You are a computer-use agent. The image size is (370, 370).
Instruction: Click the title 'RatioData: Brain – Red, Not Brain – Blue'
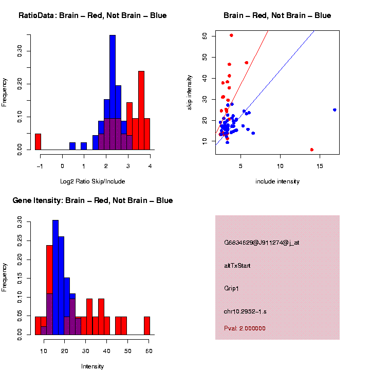[92, 16]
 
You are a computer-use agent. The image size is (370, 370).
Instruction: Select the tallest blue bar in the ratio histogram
[113, 92]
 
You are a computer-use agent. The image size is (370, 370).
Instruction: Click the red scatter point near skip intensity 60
[231, 35]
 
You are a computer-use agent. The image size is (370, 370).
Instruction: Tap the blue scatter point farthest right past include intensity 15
[335, 110]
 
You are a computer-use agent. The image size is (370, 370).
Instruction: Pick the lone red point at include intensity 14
[312, 150]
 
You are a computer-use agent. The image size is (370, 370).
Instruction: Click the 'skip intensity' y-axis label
[190, 91]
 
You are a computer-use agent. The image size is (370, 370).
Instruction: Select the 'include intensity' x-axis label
[277, 181]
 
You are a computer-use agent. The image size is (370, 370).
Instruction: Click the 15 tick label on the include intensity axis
[320, 166]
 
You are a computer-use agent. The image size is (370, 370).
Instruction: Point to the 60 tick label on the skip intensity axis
[205, 35]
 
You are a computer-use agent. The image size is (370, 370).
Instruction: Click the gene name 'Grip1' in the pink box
[232, 288]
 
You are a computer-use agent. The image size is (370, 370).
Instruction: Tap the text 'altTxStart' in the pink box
[237, 266]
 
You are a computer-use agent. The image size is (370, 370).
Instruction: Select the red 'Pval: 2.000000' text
[245, 328]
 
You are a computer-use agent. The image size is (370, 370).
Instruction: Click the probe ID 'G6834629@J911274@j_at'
[262, 243]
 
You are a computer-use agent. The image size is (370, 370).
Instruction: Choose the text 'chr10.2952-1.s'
[245, 311]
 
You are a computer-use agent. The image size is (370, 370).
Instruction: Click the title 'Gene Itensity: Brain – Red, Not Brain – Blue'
[92, 200]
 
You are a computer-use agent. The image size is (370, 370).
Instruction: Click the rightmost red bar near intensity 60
[147, 326]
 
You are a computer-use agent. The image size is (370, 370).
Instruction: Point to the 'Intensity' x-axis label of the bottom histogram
[92, 366]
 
